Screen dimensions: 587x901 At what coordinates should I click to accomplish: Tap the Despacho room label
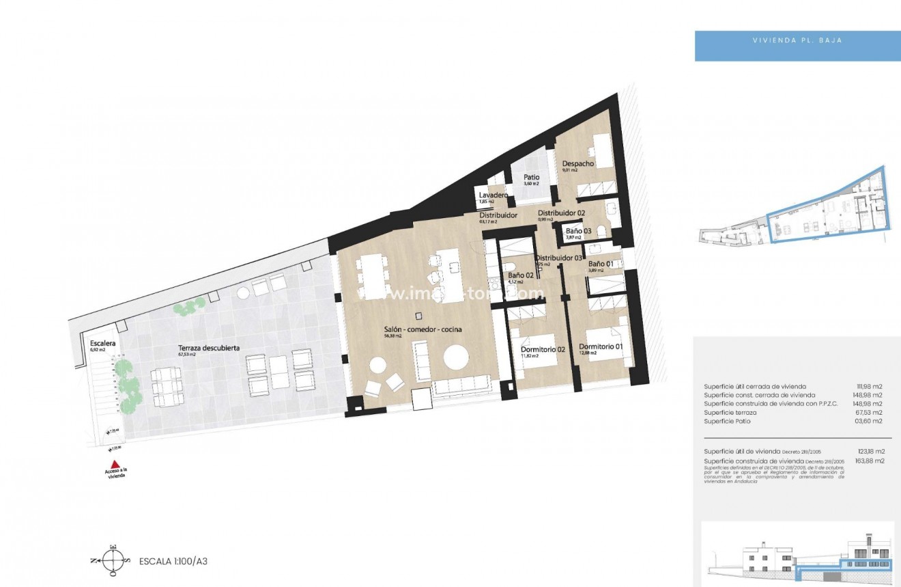coord(577,164)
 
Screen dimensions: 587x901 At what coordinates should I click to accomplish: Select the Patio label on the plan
coord(531,178)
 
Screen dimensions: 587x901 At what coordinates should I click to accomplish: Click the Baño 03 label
coord(578,231)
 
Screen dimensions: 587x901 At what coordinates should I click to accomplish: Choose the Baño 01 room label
coord(601,264)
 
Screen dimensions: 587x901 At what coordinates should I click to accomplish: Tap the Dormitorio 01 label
coord(601,346)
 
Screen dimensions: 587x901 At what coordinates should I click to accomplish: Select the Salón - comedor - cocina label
coord(423,329)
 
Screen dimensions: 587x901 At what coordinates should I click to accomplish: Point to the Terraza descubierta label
coord(208,348)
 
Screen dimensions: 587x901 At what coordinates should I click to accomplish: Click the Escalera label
coord(102,343)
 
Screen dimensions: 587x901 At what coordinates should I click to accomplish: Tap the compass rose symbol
coord(113,561)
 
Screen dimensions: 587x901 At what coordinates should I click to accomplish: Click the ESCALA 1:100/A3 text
coord(173,562)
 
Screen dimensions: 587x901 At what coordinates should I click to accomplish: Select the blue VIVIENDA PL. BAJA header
coord(797,40)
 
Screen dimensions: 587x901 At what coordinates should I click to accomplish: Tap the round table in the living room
coord(455,357)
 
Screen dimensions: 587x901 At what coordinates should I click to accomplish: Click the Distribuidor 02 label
coord(561,213)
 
